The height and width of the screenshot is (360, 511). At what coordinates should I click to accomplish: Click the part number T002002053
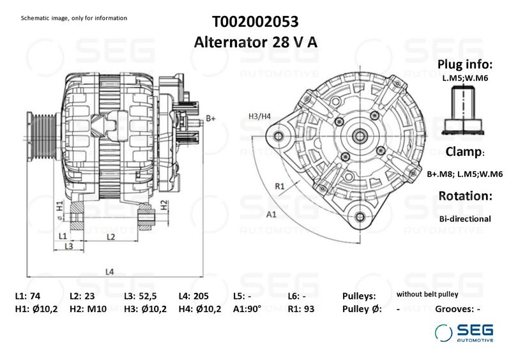point(255,22)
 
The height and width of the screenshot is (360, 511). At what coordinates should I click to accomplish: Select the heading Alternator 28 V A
point(255,43)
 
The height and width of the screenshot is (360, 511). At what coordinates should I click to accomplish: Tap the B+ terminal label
point(211,119)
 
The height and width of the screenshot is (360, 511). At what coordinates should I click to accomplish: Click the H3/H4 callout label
point(259,116)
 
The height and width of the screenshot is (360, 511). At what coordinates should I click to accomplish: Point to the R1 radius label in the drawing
point(279,186)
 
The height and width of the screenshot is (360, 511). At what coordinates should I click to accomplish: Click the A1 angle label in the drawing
point(271,214)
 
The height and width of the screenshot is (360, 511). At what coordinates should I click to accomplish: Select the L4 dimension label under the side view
point(109,272)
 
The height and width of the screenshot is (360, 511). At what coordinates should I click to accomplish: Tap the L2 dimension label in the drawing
point(110,237)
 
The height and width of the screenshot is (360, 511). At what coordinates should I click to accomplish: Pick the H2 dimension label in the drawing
point(164,205)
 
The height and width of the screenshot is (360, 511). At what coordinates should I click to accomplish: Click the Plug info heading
point(464,64)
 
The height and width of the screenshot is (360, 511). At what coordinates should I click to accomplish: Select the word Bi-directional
point(464,218)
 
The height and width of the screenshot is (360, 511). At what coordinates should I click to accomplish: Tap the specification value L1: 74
point(27,297)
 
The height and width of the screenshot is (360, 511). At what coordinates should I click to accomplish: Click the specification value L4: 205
point(194,297)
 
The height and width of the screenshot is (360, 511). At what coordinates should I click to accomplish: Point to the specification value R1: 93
point(301,310)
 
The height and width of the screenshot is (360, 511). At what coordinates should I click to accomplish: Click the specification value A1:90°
point(247,310)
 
